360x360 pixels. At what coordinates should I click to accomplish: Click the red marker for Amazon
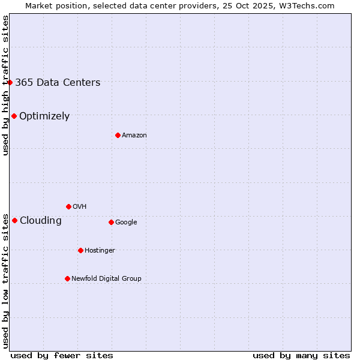click(x=118, y=135)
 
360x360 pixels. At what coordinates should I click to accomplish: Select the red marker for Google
click(x=111, y=222)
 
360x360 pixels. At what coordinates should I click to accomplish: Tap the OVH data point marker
click(x=68, y=206)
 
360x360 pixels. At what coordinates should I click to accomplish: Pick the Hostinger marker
click(x=80, y=250)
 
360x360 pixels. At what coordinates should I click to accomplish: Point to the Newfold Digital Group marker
click(x=67, y=278)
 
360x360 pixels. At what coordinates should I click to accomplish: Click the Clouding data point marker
click(x=14, y=220)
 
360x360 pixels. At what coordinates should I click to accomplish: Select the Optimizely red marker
click(x=14, y=116)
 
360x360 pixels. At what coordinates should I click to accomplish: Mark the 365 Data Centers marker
click(x=10, y=82)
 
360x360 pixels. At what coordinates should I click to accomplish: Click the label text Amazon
click(x=134, y=135)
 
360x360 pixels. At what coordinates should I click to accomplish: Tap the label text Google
click(x=126, y=222)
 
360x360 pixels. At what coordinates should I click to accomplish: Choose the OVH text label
click(x=80, y=206)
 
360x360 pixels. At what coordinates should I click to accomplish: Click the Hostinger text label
click(x=100, y=250)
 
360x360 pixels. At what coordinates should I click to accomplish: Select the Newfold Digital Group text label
click(x=106, y=278)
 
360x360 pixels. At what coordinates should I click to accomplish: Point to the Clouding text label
click(x=41, y=220)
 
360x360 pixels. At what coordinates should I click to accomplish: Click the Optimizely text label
click(x=44, y=116)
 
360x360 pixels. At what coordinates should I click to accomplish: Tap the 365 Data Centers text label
click(x=58, y=82)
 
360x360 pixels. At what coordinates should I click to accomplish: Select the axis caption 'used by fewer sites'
click(x=62, y=355)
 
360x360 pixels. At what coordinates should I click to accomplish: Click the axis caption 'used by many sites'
click(x=301, y=355)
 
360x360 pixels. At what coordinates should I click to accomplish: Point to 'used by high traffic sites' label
click(x=5, y=85)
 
